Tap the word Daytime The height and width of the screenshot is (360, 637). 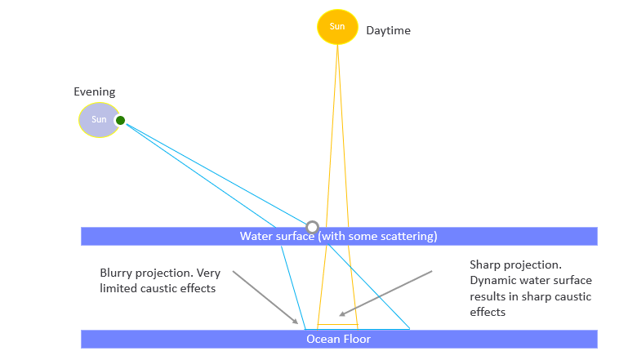tap(388, 31)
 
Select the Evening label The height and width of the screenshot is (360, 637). tap(95, 92)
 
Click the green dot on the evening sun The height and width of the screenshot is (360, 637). tap(120, 121)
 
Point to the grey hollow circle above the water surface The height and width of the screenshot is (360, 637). tap(312, 226)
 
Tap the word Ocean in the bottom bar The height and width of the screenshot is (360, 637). tap(323, 339)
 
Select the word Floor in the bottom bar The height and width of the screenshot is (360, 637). tap(357, 339)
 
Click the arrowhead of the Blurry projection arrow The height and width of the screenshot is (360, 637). tap(297, 322)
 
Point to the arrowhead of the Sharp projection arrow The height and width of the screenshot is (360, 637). tap(343, 314)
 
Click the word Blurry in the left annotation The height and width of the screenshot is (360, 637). tap(116, 273)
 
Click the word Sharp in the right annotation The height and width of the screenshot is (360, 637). tap(484, 265)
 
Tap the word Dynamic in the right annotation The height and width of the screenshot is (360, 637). tap(492, 281)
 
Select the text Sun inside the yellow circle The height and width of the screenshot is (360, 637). tap(337, 26)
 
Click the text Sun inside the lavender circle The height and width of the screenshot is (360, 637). tap(99, 121)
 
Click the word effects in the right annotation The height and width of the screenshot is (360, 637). tap(488, 312)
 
